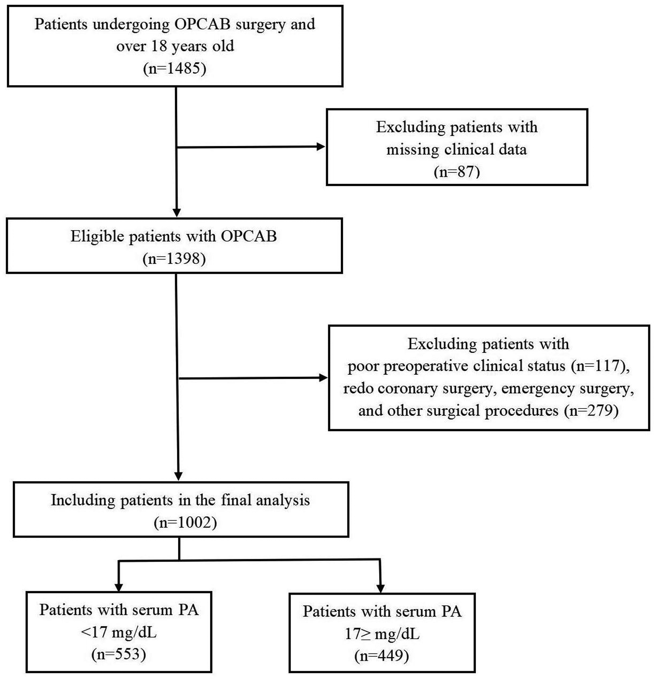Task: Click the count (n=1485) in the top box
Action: [x=175, y=68]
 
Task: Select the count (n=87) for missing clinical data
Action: [x=457, y=171]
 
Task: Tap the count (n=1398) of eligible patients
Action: [x=174, y=259]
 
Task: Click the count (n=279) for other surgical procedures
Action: [x=591, y=410]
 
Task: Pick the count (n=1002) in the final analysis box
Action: [x=185, y=523]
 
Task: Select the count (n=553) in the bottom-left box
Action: [x=119, y=654]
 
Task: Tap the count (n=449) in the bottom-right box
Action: [x=381, y=655]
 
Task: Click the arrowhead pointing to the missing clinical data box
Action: [x=320, y=147]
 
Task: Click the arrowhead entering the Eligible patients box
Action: [x=177, y=213]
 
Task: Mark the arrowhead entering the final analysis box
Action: [x=178, y=476]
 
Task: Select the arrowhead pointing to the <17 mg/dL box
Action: [x=118, y=587]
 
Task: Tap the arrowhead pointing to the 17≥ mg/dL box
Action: [x=380, y=589]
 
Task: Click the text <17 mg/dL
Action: [x=118, y=632]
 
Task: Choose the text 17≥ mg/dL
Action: [x=381, y=634]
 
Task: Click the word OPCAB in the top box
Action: [x=202, y=24]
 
